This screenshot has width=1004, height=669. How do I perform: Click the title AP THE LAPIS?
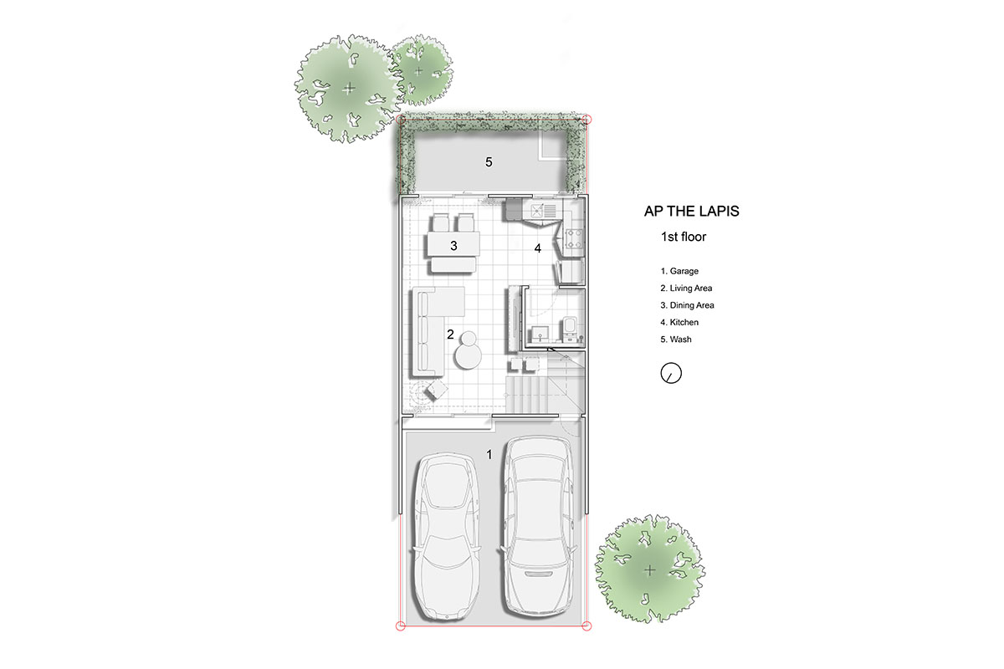click(x=691, y=211)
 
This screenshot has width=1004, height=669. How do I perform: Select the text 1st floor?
click(x=683, y=237)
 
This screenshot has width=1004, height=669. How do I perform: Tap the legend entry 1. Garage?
click(x=679, y=271)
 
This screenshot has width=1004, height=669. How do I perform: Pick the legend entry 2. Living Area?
click(x=686, y=289)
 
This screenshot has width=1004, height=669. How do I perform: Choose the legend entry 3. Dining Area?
click(x=687, y=305)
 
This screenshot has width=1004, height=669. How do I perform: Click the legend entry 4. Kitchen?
click(x=679, y=322)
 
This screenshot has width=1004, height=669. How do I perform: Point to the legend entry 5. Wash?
click(x=675, y=340)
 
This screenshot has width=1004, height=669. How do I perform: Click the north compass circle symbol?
click(x=671, y=373)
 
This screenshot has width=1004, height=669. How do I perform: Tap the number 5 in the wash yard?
click(x=489, y=161)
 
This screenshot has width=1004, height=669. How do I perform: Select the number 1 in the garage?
click(x=489, y=454)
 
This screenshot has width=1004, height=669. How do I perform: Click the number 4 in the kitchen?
click(x=537, y=248)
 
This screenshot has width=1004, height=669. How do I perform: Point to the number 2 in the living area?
click(x=450, y=334)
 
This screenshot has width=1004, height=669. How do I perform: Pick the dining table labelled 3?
click(x=453, y=245)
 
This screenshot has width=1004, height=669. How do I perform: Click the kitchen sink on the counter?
click(x=543, y=211)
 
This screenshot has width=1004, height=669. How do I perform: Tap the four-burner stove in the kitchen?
click(x=574, y=238)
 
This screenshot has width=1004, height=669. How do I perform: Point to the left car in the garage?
click(x=447, y=537)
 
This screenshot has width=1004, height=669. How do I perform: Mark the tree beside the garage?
click(x=650, y=569)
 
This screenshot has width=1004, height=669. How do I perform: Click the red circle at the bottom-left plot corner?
click(x=401, y=626)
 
